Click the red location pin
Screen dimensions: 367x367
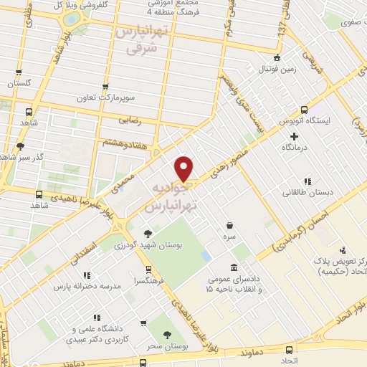(x=184, y=169)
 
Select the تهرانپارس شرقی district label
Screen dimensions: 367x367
(x=135, y=42)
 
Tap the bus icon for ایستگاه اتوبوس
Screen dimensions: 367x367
(x=305, y=110)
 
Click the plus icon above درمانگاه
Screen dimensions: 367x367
(x=294, y=135)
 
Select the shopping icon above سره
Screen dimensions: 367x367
(x=229, y=224)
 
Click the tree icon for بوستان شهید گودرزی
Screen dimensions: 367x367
(x=148, y=233)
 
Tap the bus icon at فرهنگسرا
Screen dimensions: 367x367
(x=148, y=270)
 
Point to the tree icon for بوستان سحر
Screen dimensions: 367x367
(x=167, y=335)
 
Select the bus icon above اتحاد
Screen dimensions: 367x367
(x=290, y=350)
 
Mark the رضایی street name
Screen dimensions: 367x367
(x=143, y=122)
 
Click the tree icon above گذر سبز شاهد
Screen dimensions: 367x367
(x=20, y=146)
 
